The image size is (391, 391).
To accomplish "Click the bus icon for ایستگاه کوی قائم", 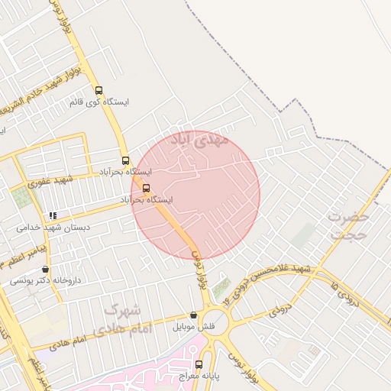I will (99, 89).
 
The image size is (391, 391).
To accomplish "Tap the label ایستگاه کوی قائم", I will (99, 102).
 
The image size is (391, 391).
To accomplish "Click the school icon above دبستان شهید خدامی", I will (52, 216).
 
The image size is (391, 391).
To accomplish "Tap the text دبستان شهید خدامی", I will (53, 228).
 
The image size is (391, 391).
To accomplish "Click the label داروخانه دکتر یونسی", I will (38, 281).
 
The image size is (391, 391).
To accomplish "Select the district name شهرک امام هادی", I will (126, 319).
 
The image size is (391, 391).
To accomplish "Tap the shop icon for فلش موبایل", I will (192, 315).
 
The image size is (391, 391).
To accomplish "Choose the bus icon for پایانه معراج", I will (199, 364).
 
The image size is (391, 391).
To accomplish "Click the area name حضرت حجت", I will (348, 225).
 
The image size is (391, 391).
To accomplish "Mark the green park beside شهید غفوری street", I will (23, 198).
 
